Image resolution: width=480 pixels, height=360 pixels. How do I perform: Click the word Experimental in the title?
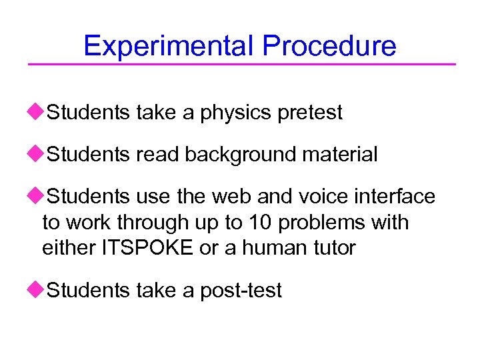point(169,45)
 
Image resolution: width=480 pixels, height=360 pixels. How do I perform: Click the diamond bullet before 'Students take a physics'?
point(40,112)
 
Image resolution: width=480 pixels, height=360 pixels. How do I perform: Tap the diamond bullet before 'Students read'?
point(40,154)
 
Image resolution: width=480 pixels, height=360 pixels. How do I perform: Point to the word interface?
point(397,197)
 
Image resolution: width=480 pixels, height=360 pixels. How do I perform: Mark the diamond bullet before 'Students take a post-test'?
point(40,289)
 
